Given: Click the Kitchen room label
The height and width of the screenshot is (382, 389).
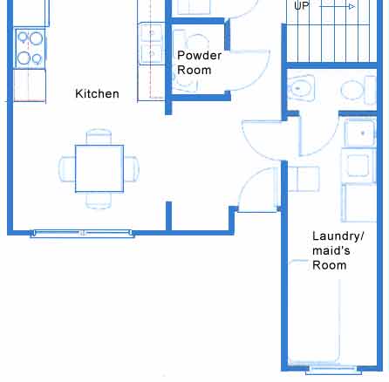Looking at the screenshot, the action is pyautogui.click(x=97, y=94).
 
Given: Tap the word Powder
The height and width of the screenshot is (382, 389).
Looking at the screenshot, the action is pyautogui.click(x=200, y=55).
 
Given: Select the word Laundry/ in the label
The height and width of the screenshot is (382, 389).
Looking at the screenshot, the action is pyautogui.click(x=338, y=236).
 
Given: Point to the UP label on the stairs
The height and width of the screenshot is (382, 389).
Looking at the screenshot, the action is pyautogui.click(x=301, y=6).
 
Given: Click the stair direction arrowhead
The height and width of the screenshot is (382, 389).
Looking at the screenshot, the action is pyautogui.click(x=351, y=6).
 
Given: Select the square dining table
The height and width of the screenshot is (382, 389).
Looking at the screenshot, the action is pyautogui.click(x=99, y=168).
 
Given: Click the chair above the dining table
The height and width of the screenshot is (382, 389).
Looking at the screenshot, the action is pyautogui.click(x=99, y=137).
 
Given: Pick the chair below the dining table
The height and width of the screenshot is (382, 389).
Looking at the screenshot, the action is pyautogui.click(x=99, y=201).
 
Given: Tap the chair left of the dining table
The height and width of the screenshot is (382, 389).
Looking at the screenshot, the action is pyautogui.click(x=67, y=169).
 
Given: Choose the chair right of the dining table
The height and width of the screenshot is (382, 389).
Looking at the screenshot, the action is pyautogui.click(x=132, y=169).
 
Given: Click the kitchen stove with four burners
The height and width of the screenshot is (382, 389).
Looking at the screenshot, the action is pyautogui.click(x=31, y=49).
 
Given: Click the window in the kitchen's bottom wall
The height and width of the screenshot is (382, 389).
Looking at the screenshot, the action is pyautogui.click(x=82, y=233).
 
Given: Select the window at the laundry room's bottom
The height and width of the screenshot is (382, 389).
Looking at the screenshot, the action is pyautogui.click(x=334, y=370).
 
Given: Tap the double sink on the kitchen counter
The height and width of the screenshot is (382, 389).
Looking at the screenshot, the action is pyautogui.click(x=152, y=44).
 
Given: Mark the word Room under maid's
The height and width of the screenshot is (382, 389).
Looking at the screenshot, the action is pyautogui.click(x=330, y=265).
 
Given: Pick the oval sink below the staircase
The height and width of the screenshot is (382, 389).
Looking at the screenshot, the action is pyautogui.click(x=301, y=88).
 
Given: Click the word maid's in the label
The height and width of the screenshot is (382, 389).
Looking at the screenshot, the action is pyautogui.click(x=331, y=250).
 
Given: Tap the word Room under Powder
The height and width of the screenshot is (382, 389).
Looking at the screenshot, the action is pyautogui.click(x=194, y=70).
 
